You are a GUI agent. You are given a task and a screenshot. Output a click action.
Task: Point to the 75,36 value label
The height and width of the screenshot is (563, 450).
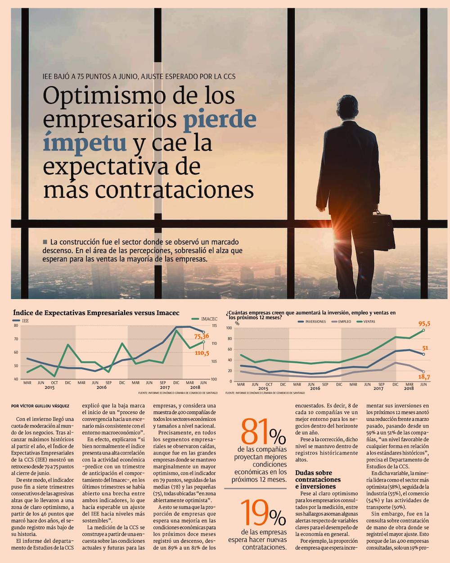click(x=202, y=336)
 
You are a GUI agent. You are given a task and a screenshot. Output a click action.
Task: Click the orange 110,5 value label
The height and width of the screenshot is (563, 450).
click(x=202, y=353)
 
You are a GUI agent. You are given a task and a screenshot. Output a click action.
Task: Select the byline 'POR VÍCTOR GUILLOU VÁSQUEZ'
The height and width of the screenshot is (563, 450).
click(x=40, y=406)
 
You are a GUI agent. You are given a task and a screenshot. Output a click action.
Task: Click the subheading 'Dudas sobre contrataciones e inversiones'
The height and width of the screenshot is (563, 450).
click(x=318, y=479)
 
